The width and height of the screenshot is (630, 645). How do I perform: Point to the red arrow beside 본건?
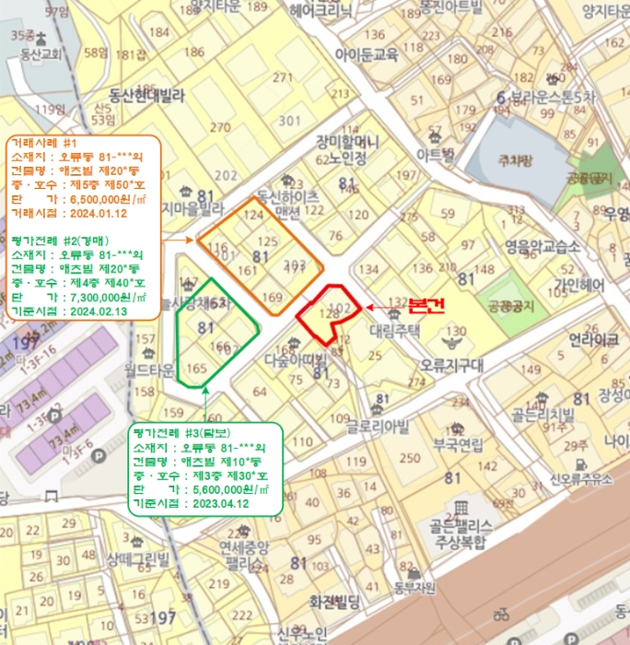coord(379,308)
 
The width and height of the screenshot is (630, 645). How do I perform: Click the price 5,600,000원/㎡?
coord(229,490)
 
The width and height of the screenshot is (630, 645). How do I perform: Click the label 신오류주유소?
coord(581,479)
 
